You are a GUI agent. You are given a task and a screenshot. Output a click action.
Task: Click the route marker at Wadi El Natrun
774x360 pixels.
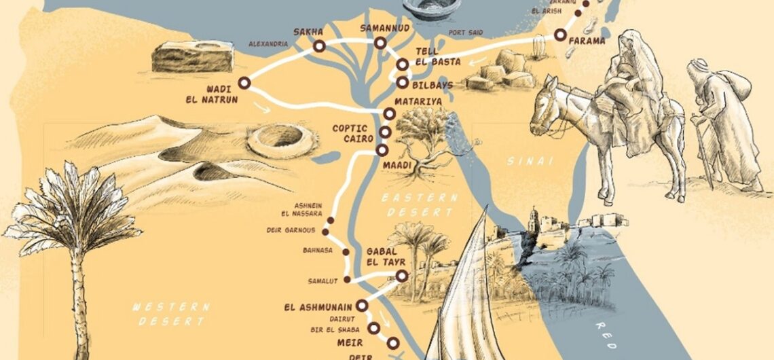click(244, 83)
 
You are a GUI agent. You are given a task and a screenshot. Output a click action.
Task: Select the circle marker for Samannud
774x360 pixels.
click(380, 43)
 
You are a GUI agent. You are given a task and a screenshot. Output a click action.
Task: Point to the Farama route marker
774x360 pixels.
click(560, 35)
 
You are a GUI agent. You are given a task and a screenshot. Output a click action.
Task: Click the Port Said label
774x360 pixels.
click(465, 32)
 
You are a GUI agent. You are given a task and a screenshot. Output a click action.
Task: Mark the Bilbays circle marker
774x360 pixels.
click(402, 83)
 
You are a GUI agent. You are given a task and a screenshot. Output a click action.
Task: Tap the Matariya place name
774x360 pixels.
click(423, 101)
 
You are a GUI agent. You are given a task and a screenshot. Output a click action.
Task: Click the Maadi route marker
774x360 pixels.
click(382, 150)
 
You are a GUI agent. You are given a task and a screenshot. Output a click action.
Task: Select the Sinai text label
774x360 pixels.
click(530, 161)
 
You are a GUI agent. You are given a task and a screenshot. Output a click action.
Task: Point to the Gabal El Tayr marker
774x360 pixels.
click(401, 276)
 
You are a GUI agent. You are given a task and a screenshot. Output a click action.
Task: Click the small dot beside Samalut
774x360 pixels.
click(347, 279)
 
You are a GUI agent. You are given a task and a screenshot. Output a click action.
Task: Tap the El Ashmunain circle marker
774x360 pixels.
click(362, 306)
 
